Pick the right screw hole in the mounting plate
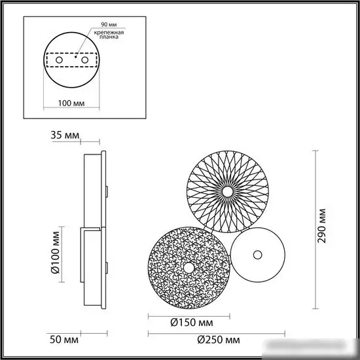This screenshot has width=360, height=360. coord(86,60)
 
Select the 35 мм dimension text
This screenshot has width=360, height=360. coord(65,135)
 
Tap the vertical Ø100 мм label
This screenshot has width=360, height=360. coord(56,254)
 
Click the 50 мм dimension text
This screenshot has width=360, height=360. coord(64,340)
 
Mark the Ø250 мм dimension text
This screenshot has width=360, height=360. coord(217,340)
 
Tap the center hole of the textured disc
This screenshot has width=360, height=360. coord(189,268)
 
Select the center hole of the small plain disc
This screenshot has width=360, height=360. coord(257,255)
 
